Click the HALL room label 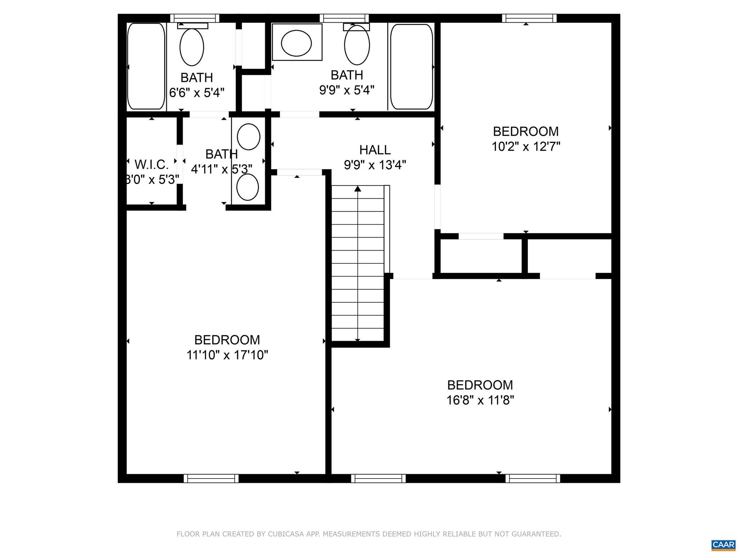(x=375, y=150)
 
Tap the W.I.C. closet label (x=151, y=165)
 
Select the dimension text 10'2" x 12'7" (x=526, y=147)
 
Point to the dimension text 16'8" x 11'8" (x=480, y=400)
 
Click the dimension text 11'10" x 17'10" (x=227, y=355)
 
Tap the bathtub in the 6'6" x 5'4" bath (x=146, y=66)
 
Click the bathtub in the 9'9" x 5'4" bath (x=412, y=67)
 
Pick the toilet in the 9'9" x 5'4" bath (x=357, y=45)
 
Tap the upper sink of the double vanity (x=249, y=136)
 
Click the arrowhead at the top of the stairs (x=357, y=189)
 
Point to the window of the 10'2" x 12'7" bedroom (x=529, y=18)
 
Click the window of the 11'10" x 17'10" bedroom (x=211, y=478)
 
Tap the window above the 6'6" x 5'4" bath (x=195, y=18)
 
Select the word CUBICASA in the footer (x=284, y=534)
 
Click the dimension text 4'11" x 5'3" (x=221, y=169)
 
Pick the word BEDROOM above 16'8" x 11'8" (x=480, y=385)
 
